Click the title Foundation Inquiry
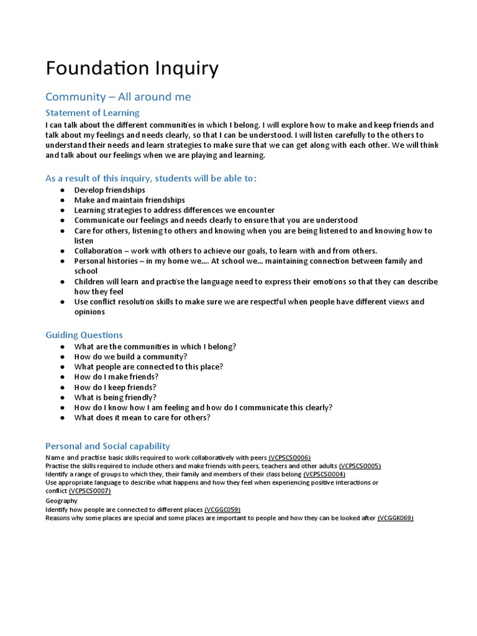coord(132,68)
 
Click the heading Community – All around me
coord(118,97)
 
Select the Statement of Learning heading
coord(93,112)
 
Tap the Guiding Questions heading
coord(84,335)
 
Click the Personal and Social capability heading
coord(107,446)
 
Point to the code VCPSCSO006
coord(289,457)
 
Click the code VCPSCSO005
coord(360,466)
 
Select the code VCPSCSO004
coord(324,474)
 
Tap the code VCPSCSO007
coord(89,491)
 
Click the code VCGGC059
coord(222,509)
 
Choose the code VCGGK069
coord(395,518)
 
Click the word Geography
coord(61,501)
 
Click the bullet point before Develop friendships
coord(63,190)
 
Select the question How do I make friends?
coord(116,377)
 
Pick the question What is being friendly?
coord(115,397)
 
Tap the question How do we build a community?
coord(130,357)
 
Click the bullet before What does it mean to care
coord(63,418)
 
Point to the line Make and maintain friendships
coord(129,200)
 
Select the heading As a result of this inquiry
coord(150,178)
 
